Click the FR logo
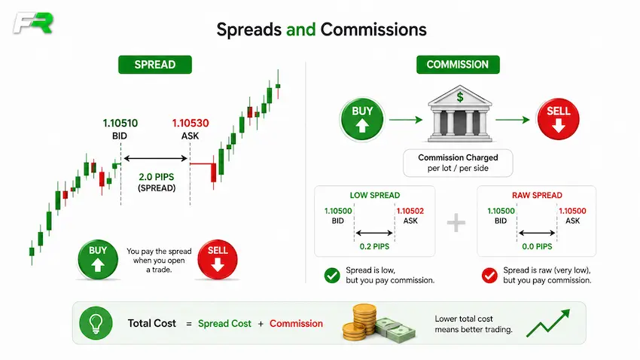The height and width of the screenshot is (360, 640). click(33, 23)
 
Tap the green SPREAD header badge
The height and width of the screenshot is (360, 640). click(155, 65)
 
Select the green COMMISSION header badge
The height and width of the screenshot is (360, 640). click(458, 65)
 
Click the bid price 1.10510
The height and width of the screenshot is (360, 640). click(120, 123)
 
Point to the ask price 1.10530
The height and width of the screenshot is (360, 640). click(190, 123)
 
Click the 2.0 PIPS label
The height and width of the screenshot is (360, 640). click(157, 177)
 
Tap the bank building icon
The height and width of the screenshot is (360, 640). click(459, 114)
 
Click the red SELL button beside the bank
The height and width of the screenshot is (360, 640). click(558, 119)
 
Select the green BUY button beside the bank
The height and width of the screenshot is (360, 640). click(362, 119)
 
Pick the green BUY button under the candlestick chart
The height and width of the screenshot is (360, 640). click(98, 259)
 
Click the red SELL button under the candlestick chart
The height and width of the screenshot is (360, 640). click(218, 259)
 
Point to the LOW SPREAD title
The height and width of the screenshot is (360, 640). click(375, 195)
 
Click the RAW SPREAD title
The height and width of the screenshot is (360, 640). click(537, 195)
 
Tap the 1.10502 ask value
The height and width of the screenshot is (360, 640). click(410, 211)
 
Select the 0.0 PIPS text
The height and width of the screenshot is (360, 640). click(537, 246)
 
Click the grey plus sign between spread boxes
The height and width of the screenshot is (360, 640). click(456, 222)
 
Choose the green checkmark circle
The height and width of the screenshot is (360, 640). click(332, 276)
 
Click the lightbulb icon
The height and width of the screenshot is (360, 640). click(96, 323)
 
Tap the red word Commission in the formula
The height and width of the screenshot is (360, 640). click(296, 324)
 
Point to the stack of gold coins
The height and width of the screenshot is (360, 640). click(361, 322)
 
